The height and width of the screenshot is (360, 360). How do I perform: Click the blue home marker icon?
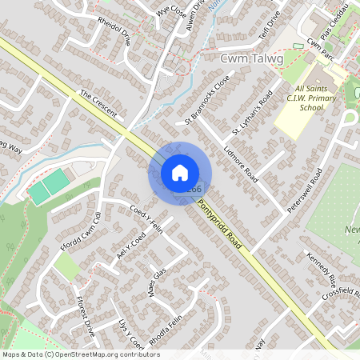pyautogui.click(x=180, y=173)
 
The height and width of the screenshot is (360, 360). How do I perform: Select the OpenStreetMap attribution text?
pyautogui.click(x=70, y=354)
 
